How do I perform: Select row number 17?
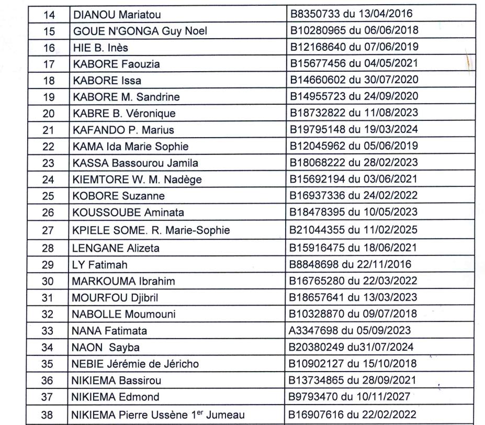[x=49, y=64]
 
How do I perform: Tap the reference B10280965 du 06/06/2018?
[x=354, y=30]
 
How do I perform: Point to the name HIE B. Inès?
[x=100, y=48]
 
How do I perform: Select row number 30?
[x=49, y=281]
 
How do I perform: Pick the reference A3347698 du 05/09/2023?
[x=351, y=331]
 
